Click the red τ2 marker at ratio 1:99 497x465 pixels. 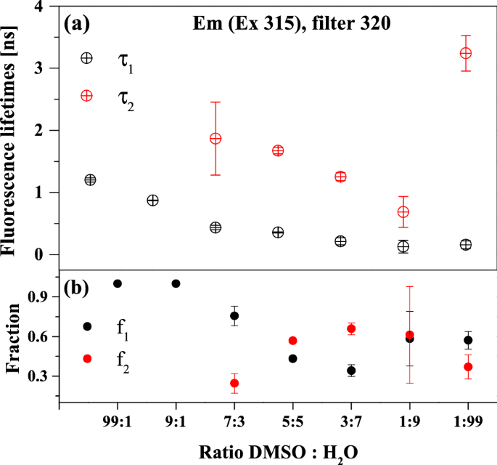pyautogui.click(x=466, y=53)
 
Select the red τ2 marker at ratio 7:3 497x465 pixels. pyautogui.click(x=215, y=138)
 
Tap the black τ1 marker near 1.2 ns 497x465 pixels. pyautogui.click(x=90, y=179)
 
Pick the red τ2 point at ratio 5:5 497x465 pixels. pyautogui.click(x=278, y=150)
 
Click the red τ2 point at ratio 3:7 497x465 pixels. pyautogui.click(x=340, y=177)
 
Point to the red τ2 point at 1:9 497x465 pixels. pyautogui.click(x=403, y=211)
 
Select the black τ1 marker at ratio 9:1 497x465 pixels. pyautogui.click(x=152, y=200)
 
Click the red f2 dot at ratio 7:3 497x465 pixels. pyautogui.click(x=234, y=383)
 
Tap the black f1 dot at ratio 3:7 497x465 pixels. pyautogui.click(x=351, y=371)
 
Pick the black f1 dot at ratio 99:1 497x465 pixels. pyautogui.click(x=118, y=283)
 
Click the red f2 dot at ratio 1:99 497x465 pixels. pyautogui.click(x=468, y=367)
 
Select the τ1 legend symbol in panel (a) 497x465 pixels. pyautogui.click(x=86, y=58)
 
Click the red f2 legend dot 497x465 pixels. pyautogui.click(x=88, y=358)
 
